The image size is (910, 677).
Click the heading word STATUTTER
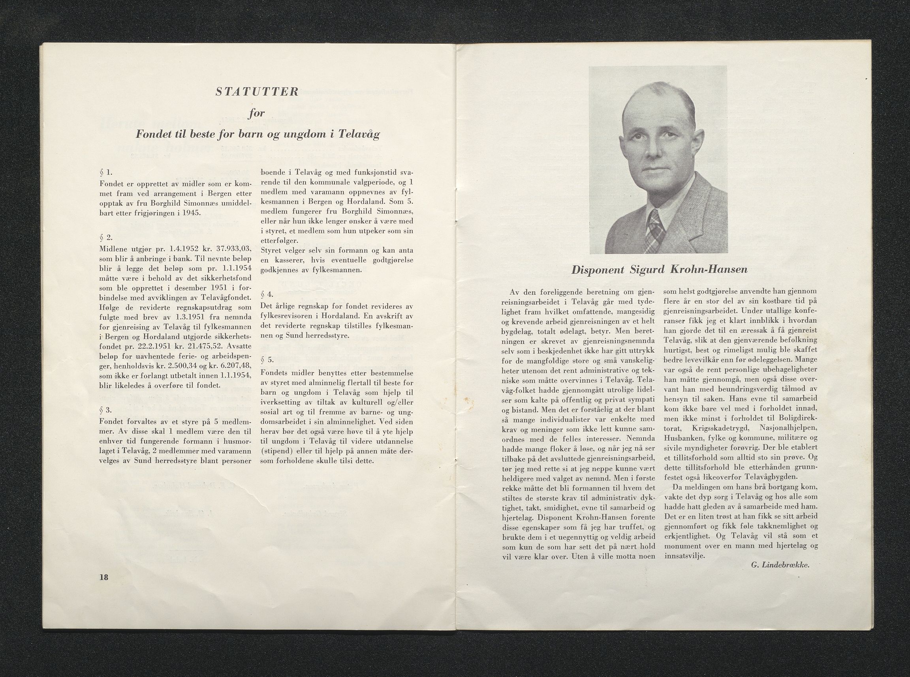(257, 92)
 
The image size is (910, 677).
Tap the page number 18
(103, 577)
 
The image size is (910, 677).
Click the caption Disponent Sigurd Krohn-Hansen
(659, 270)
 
